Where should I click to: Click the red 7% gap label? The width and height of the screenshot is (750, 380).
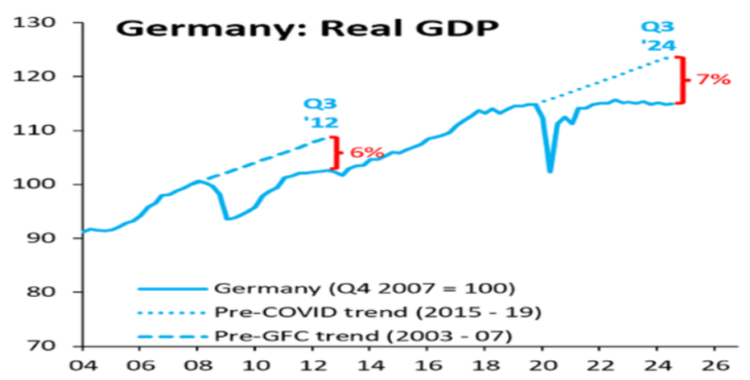pos(713,80)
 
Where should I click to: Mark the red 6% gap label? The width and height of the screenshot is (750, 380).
pos(367,152)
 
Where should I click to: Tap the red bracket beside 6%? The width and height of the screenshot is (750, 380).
pos(336,152)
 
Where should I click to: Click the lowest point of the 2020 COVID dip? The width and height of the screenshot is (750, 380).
pos(549,171)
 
